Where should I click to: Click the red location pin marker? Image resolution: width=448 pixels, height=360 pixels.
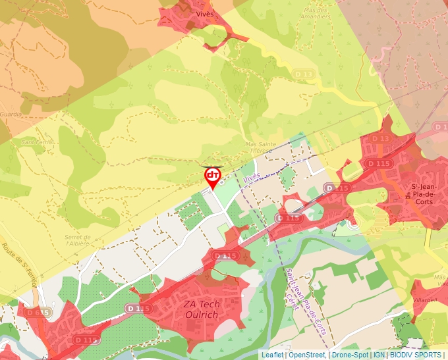pyautogui.click(x=212, y=176)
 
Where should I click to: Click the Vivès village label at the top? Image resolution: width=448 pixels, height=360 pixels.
pyautogui.click(x=205, y=13)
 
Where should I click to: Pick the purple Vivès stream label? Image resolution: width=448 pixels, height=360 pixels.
pyautogui.click(x=251, y=177)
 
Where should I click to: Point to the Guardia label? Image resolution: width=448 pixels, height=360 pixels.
pyautogui.click(x=11, y=114)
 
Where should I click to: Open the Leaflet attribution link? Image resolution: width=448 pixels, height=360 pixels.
pyautogui.click(x=273, y=355)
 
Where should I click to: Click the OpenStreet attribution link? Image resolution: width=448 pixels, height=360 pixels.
pyautogui.click(x=307, y=355)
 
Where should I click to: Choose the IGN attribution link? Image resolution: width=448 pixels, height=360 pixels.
pyautogui.click(x=379, y=355)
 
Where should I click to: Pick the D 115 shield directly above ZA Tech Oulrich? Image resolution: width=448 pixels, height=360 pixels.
pyautogui.click(x=225, y=255)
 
